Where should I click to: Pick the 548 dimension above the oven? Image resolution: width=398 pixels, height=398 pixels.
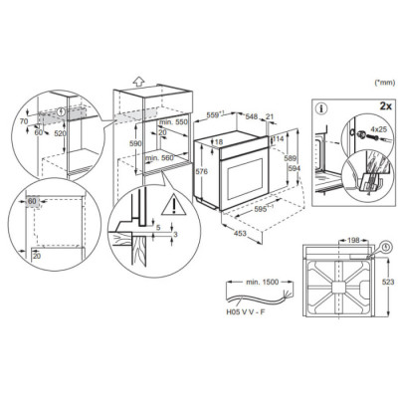tap(252, 115)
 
